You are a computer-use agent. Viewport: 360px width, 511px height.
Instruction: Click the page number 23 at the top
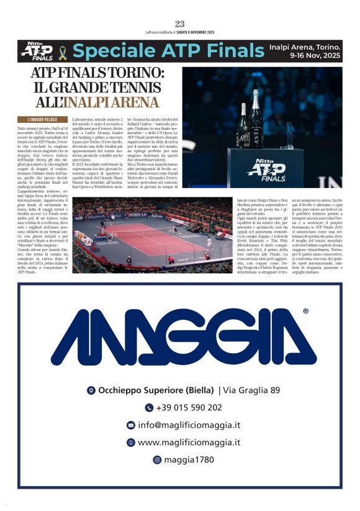click(x=179, y=24)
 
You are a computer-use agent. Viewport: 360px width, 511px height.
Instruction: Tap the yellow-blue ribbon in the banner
click(x=62, y=51)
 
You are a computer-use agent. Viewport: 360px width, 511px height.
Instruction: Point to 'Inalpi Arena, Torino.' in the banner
click(x=305, y=46)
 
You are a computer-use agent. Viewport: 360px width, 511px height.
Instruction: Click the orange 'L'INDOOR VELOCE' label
click(x=43, y=119)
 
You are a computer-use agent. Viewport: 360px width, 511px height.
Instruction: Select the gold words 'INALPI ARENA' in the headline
click(x=119, y=102)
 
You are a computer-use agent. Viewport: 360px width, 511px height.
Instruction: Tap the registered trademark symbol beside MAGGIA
click(x=305, y=312)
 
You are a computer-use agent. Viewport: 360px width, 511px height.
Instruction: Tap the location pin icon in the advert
click(x=91, y=391)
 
